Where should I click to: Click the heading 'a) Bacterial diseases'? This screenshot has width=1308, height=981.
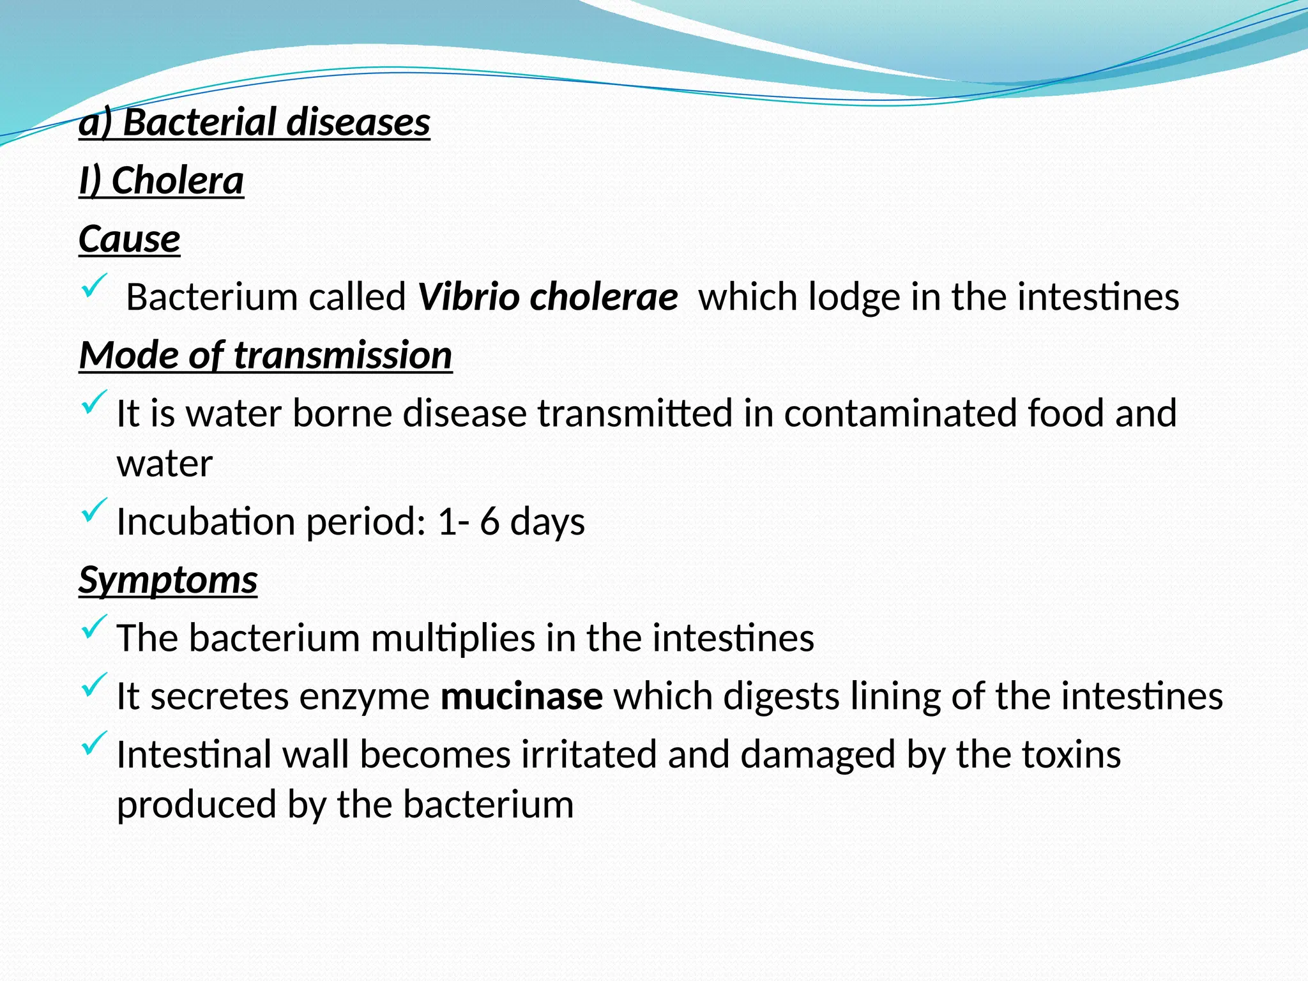(x=254, y=122)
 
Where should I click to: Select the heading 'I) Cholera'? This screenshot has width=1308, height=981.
(x=161, y=181)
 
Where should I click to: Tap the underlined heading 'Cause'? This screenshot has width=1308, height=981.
(x=129, y=239)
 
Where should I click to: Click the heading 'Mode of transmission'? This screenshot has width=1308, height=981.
(x=266, y=355)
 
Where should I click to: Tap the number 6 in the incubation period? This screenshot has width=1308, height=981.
(x=489, y=521)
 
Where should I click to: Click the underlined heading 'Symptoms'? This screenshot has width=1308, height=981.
(x=168, y=580)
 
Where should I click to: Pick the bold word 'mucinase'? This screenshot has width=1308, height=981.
(x=521, y=696)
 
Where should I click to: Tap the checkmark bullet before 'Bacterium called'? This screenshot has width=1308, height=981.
(x=94, y=286)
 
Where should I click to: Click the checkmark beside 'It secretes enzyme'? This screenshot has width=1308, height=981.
(x=94, y=685)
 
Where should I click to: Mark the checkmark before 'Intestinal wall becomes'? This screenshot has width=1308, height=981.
(x=94, y=743)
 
